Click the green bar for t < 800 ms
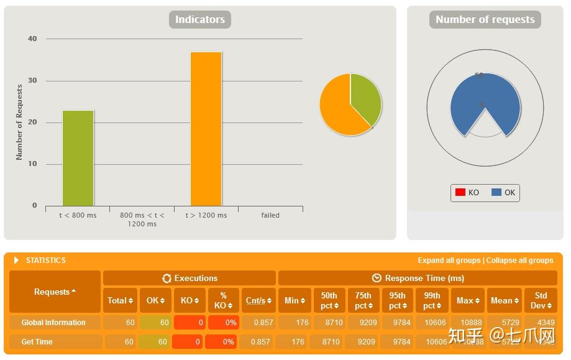point(78,158)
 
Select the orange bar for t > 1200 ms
point(206,129)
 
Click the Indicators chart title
point(199,20)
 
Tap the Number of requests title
point(485,20)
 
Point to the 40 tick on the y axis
point(32,39)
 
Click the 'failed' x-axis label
point(270,215)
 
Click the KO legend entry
point(467,193)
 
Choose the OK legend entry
point(503,193)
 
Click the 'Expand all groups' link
point(449,261)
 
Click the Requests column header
point(55,292)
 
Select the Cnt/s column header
point(258,300)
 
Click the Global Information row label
point(53,323)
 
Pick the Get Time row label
point(37,342)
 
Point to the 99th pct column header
point(432,300)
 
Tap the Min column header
point(295,300)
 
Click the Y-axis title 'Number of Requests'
point(19,122)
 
